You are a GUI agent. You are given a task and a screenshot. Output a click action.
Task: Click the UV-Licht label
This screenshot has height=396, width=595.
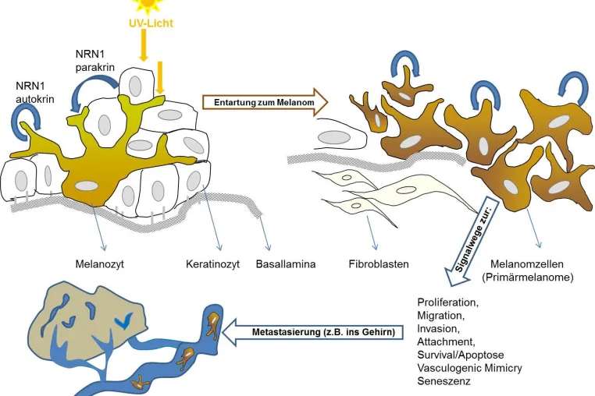coord(151,23)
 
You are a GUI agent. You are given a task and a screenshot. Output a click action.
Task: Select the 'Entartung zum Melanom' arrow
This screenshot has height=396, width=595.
coord(265,102)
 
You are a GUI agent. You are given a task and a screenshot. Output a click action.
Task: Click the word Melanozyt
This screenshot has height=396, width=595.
coord(99,263)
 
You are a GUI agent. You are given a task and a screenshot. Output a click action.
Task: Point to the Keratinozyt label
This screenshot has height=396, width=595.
coord(212,263)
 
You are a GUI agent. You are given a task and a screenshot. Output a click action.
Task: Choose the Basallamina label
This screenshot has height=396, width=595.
coord(285,263)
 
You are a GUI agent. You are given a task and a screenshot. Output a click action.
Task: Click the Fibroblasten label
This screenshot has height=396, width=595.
coord(379,263)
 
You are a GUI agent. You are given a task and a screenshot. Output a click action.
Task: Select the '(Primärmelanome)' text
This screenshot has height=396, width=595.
coord(527,277)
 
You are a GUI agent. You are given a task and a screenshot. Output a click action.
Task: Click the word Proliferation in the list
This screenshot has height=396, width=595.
coord(447,302)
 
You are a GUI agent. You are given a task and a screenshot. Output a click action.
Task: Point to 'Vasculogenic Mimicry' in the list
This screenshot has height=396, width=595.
coord(469,368)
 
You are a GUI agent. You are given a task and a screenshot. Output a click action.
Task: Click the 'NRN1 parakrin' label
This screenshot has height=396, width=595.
coord(94,61)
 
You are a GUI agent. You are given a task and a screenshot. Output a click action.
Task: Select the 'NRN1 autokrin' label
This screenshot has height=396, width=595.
coord(35,93)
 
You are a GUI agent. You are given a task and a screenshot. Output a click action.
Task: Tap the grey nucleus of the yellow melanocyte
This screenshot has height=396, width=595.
coord(87,186)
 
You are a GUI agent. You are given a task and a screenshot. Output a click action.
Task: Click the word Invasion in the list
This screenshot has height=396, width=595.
coord(436,328)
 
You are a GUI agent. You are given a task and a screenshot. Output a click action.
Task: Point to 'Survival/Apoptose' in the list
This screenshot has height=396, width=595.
coord(460,355)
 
